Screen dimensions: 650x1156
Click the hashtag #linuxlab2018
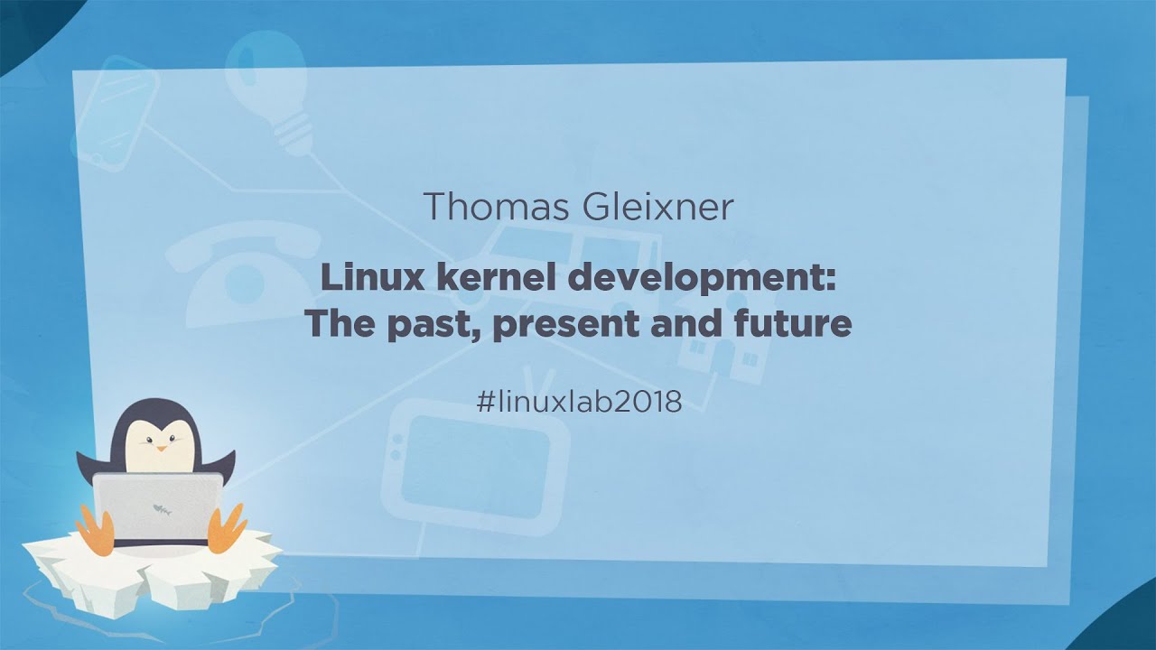tap(578, 402)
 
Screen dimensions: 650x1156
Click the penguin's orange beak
tap(161, 446)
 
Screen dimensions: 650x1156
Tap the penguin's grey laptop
tap(157, 506)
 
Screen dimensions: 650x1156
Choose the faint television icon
tap(474, 460)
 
